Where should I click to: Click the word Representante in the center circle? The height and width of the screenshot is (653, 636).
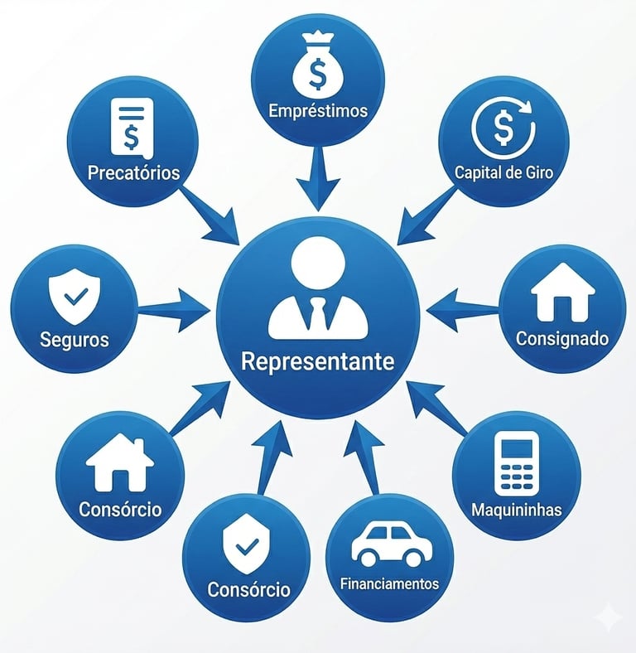(x=317, y=361)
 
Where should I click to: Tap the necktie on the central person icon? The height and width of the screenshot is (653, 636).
(x=317, y=314)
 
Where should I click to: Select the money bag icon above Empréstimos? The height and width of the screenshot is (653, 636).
(x=317, y=68)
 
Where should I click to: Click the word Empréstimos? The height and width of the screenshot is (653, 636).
(x=317, y=110)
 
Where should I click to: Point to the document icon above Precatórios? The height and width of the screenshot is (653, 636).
(x=132, y=127)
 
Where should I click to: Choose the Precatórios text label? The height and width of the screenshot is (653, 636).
(x=133, y=174)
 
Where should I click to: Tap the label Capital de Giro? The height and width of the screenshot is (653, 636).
(x=503, y=173)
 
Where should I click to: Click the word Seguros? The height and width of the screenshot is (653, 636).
(x=74, y=340)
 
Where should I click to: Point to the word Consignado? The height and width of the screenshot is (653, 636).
(x=562, y=338)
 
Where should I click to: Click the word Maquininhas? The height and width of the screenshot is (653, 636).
(x=516, y=509)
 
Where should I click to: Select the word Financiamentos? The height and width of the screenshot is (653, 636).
(x=389, y=583)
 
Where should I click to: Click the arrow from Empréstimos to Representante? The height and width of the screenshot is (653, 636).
(x=318, y=178)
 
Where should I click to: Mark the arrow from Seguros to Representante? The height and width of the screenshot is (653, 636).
(x=176, y=308)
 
